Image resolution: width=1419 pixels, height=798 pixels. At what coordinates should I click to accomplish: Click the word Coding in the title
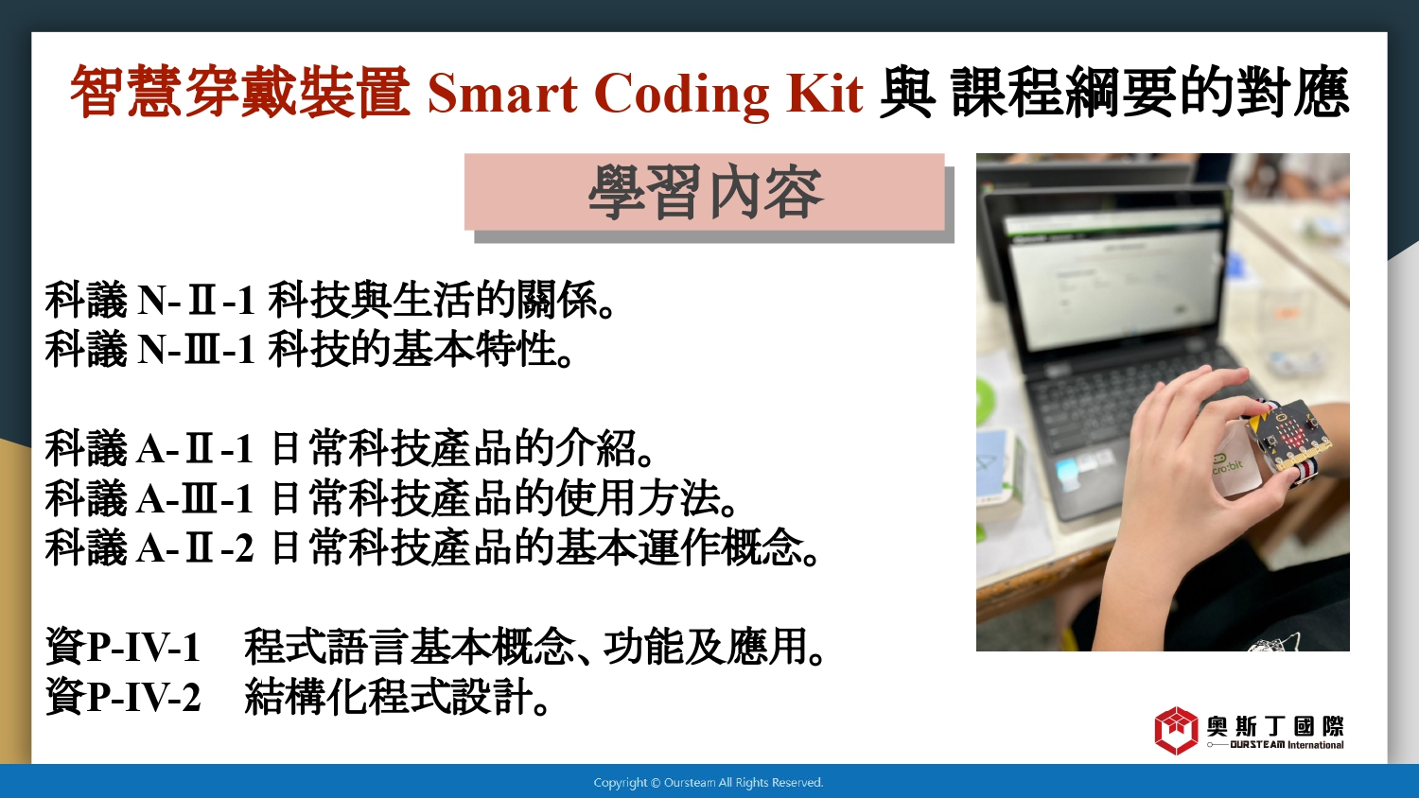(682, 95)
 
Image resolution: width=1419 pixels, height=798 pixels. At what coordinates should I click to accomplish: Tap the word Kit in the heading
(825, 94)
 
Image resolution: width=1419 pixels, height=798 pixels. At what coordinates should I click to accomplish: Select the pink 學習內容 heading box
(705, 191)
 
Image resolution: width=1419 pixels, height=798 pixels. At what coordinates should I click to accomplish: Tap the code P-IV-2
(144, 697)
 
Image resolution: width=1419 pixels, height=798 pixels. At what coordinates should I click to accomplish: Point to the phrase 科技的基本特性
(412, 350)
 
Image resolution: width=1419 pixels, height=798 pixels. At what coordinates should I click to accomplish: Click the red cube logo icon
(1177, 730)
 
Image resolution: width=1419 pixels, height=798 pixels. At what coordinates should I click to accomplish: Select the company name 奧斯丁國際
(1275, 726)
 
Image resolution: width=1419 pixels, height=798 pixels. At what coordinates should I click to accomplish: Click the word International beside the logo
(1316, 745)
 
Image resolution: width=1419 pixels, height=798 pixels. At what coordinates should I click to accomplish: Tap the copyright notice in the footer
(709, 783)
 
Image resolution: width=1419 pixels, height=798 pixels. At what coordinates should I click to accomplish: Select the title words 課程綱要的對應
(1149, 93)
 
